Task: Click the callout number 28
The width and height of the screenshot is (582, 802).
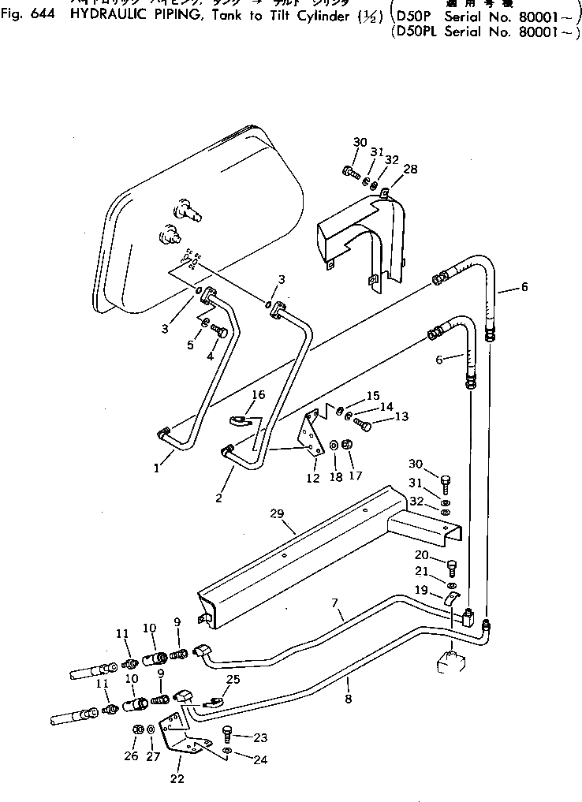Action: pos(410,169)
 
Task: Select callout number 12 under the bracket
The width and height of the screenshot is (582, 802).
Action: pos(312,478)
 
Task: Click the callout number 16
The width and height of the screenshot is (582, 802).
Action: pos(259,394)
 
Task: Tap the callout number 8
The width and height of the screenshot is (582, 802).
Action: pos(348,699)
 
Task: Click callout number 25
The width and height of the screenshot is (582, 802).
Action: pos(233,679)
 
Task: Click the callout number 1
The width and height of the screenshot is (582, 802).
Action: pos(157,468)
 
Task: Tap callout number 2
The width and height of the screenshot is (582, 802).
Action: pos(218,498)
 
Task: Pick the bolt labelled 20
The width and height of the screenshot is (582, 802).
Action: pos(451,565)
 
